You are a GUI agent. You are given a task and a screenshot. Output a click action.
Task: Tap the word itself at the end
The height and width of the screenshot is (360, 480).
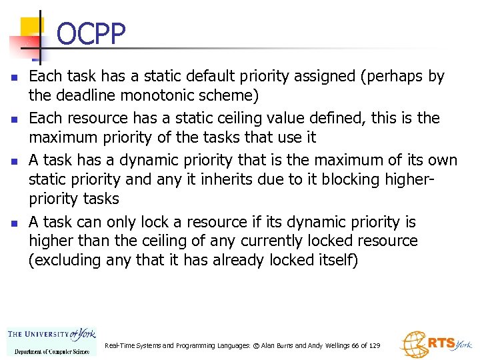[x=337, y=261]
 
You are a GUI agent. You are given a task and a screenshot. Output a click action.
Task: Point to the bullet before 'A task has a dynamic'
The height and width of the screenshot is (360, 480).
[x=14, y=161]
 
